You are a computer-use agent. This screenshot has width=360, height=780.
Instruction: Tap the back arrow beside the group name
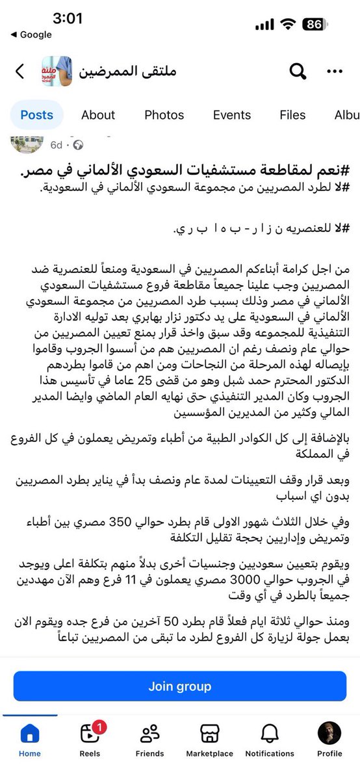(x=19, y=71)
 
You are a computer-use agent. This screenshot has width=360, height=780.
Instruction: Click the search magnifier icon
(x=298, y=71)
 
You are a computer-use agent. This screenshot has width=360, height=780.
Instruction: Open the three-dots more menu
(x=335, y=71)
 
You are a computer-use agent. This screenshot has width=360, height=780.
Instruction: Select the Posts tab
(x=36, y=115)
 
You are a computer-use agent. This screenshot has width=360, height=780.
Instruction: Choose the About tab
(x=98, y=115)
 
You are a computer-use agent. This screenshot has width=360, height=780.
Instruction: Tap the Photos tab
(x=164, y=115)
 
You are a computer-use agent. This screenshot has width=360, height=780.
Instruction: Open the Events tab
(x=231, y=115)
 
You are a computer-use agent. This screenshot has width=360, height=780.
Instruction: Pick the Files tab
(x=292, y=115)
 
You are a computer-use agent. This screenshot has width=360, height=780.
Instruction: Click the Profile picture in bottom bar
(x=329, y=734)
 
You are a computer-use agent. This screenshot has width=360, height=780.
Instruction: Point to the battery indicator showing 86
(x=315, y=24)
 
